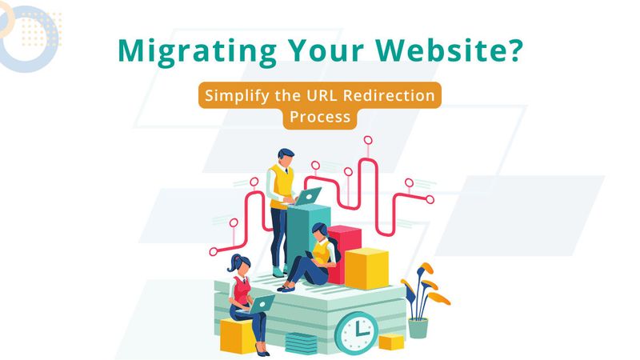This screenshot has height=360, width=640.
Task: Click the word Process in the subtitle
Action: point(320,116)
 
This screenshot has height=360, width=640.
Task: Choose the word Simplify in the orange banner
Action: point(237,95)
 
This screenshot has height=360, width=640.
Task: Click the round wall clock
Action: point(357,330)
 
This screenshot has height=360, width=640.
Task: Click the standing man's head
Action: point(286,156)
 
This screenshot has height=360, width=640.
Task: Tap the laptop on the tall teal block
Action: point(308,195)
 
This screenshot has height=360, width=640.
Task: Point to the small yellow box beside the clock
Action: point(391,342)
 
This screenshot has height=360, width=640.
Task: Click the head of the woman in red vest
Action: point(240,263)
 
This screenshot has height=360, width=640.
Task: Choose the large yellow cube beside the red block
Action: point(366,267)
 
